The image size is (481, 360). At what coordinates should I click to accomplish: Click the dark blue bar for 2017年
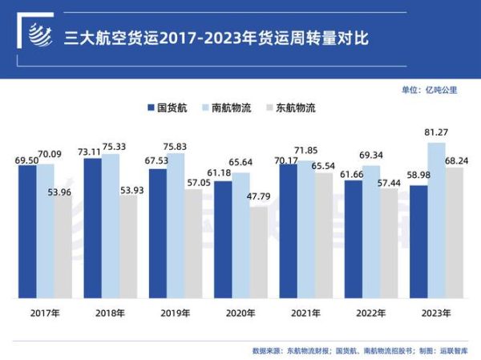coord(28,233)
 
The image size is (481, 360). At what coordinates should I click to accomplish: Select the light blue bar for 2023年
coord(436,220)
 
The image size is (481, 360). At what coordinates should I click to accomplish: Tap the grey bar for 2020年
coord(258,253)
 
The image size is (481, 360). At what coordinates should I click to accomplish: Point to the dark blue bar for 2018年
coord(93,229)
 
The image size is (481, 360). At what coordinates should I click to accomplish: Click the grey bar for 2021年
coord(323,236)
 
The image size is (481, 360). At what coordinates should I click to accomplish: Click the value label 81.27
coord(437,134)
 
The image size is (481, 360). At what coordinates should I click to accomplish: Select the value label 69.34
coord(371,153)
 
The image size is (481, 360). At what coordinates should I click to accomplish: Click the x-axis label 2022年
coord(370,313)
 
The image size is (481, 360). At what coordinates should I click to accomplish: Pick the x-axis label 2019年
coord(175,313)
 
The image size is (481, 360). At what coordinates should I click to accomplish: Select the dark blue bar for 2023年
coord(418,242)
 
